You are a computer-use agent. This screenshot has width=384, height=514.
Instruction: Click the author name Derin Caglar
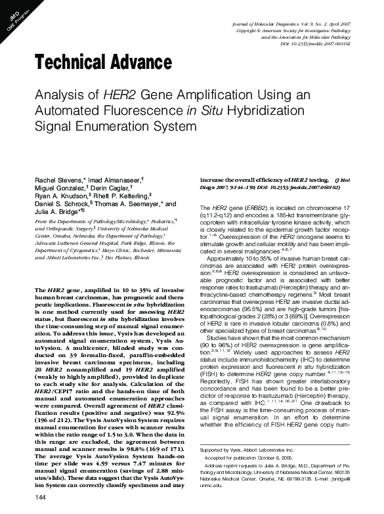[x=107, y=188]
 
